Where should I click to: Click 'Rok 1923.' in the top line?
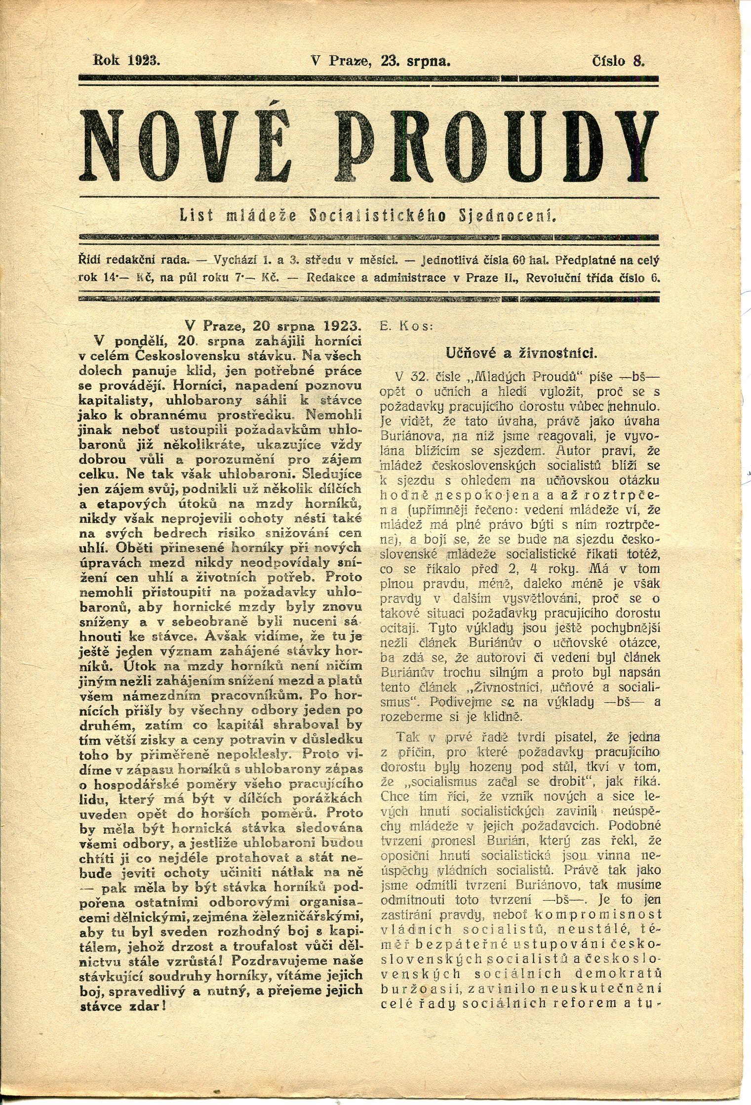click(127, 61)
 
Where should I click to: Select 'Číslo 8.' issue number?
click(619, 61)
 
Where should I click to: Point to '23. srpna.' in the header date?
click(415, 61)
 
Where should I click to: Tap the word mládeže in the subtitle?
click(265, 216)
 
